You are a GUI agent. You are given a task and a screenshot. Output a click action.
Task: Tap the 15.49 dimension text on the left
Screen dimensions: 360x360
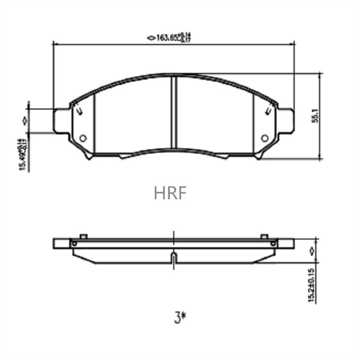[23, 154]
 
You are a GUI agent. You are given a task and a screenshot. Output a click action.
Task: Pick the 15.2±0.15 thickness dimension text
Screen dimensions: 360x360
[311, 287]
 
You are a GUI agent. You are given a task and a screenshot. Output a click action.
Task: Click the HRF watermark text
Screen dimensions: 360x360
[170, 193]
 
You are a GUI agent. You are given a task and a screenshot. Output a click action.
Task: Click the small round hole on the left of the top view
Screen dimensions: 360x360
[83, 138]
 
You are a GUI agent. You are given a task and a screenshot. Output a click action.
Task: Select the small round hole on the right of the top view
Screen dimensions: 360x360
[265, 138]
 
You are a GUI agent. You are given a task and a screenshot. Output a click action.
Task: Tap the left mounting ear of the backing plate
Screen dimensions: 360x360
[62, 121]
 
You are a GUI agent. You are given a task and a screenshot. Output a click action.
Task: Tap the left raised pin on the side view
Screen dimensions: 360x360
[83, 236]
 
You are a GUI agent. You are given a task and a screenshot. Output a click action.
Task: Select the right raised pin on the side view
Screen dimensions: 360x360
[264, 236]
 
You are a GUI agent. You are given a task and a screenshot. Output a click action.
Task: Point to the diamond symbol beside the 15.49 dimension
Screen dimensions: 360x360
[23, 120]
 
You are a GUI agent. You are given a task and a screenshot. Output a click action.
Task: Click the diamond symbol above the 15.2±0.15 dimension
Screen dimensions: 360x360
[311, 251]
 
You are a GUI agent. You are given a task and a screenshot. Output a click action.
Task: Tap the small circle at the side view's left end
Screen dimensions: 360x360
[74, 243]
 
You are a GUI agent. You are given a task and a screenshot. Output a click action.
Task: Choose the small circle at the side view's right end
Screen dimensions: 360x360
[273, 243]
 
